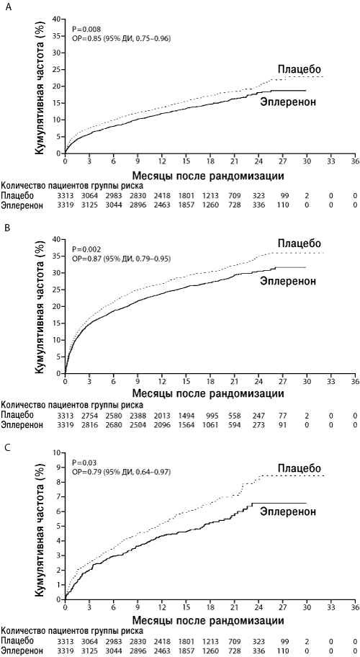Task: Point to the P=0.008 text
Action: click(84, 30)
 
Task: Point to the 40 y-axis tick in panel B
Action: click(58, 239)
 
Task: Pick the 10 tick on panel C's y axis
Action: click(58, 452)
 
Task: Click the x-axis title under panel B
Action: click(209, 393)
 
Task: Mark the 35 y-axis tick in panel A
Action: click(58, 36)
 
